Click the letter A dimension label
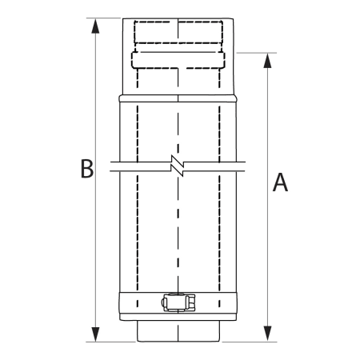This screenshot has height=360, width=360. pos(280,182)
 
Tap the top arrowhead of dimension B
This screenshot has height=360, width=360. pos(96,24)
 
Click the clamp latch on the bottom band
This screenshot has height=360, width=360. pos(177,303)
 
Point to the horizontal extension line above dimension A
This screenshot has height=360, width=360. pos(256,53)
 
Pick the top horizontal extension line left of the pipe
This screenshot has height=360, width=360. pos(104,16)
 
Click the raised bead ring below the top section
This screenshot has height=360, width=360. pos(177,98)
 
